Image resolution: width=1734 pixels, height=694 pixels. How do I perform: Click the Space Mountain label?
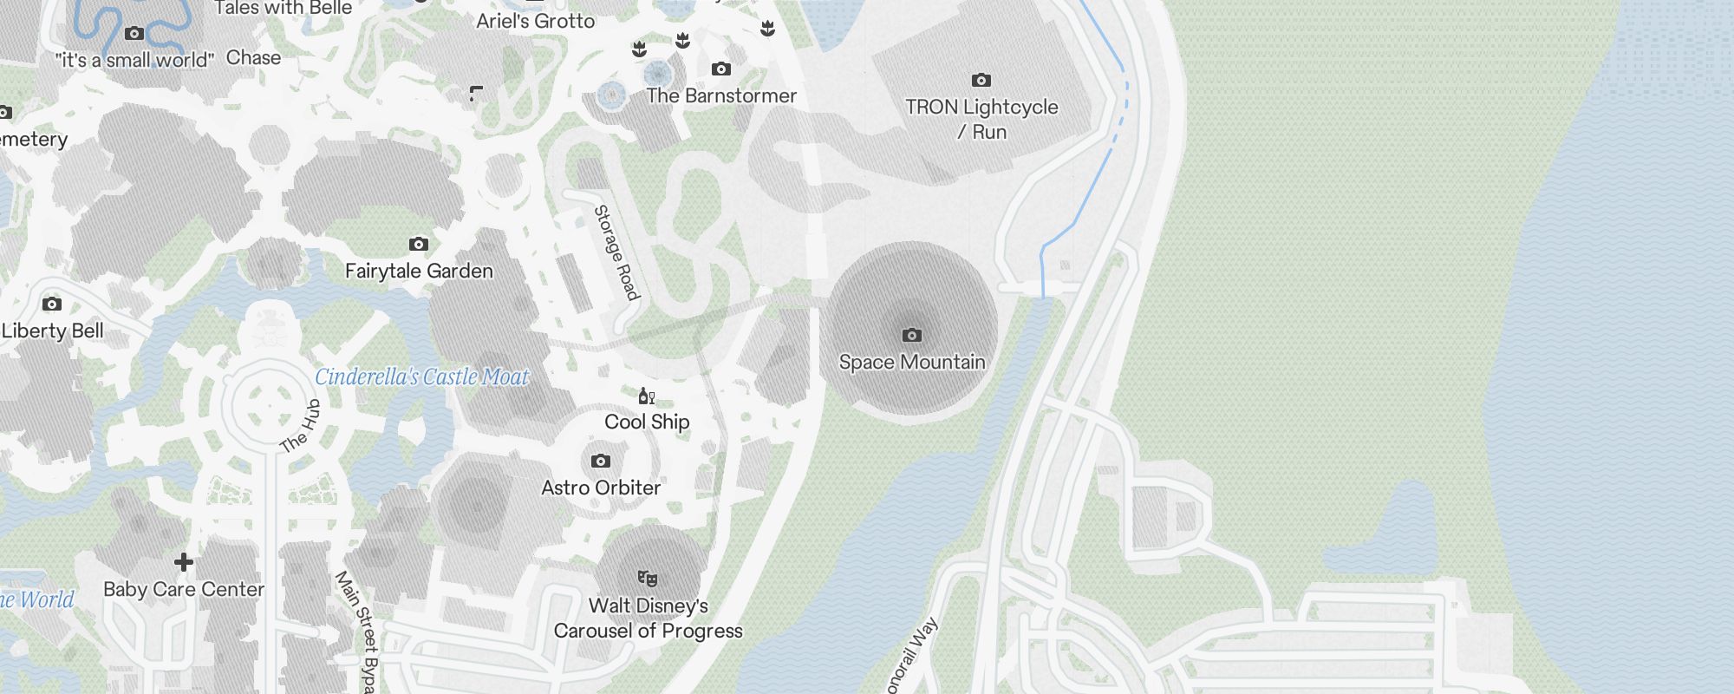912,362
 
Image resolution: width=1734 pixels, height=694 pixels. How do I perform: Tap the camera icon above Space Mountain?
911,335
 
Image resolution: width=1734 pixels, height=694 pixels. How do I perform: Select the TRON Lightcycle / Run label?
981,119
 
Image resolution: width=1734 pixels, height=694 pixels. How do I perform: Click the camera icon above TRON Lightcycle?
981,81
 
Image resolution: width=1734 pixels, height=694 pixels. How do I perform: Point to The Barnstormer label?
720,95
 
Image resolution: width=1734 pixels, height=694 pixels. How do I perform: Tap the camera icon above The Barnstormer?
720,69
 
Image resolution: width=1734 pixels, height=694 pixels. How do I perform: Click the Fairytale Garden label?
419,271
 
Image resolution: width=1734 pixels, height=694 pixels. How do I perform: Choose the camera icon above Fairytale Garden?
419,245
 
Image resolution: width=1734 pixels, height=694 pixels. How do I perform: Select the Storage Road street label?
616,252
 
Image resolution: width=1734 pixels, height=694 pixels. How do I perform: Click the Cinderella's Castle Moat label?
421,376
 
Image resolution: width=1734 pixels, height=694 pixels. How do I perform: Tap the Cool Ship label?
647,422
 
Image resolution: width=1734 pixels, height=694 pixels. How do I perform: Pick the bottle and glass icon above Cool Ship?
646,396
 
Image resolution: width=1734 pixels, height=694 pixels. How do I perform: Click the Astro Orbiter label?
601,488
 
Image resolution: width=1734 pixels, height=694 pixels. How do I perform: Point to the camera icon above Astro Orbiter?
601,462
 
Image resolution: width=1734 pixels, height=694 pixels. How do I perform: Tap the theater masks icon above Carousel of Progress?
648,578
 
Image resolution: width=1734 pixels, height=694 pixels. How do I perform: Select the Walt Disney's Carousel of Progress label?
649,618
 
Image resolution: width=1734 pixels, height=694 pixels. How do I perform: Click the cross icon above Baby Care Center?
184,562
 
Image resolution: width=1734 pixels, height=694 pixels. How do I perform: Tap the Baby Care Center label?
184,589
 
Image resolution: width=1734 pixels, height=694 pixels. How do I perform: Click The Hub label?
301,427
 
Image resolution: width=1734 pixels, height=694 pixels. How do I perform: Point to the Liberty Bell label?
53,331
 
